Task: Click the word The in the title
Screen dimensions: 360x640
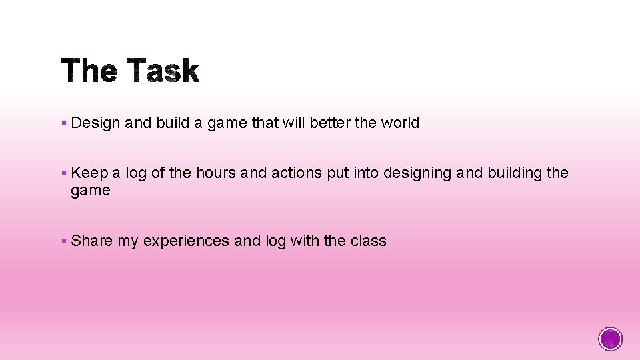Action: [x=90, y=71]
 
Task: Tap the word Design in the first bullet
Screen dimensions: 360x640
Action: [x=95, y=123]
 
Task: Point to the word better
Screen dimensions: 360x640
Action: [x=329, y=123]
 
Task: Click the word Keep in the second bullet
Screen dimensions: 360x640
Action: [x=89, y=173]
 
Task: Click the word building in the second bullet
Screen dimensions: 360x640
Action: [x=514, y=173]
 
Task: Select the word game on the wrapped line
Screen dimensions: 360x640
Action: [x=91, y=191]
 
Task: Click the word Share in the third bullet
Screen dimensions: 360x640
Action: [x=92, y=241]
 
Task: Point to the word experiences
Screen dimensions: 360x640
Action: [x=186, y=241]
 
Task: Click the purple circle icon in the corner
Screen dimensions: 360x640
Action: [x=611, y=339]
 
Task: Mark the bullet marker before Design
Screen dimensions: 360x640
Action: [x=63, y=123]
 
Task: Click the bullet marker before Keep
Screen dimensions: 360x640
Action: [x=63, y=173]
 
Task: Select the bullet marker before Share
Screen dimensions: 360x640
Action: [x=63, y=241]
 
